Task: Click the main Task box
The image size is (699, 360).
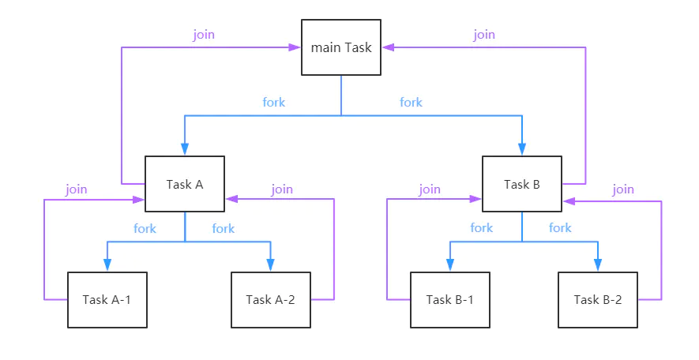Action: tap(341, 47)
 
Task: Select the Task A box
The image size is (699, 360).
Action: tap(185, 184)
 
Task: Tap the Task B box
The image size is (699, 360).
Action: tap(522, 184)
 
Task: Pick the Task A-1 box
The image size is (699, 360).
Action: tap(107, 300)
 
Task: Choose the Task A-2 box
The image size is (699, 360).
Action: tap(270, 300)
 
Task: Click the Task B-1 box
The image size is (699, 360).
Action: tap(449, 300)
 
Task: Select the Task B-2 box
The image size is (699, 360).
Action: tap(597, 300)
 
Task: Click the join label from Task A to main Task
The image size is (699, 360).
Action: tap(204, 35)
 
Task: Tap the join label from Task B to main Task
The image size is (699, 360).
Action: tap(484, 35)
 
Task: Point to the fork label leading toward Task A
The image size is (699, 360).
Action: tap(273, 102)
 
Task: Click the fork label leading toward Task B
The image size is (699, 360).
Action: tap(411, 102)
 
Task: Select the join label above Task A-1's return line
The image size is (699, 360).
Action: tap(77, 189)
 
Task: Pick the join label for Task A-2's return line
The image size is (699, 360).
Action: tap(282, 189)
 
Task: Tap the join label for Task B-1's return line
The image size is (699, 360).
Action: tap(430, 189)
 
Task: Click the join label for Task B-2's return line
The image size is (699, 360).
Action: tap(623, 189)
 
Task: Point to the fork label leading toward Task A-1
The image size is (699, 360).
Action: tap(145, 228)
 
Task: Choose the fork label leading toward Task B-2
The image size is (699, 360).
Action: tap(560, 228)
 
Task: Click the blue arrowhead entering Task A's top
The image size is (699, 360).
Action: tap(185, 149)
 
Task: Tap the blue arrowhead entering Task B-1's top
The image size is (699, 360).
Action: tap(449, 265)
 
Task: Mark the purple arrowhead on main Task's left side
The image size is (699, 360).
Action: tap(295, 47)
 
